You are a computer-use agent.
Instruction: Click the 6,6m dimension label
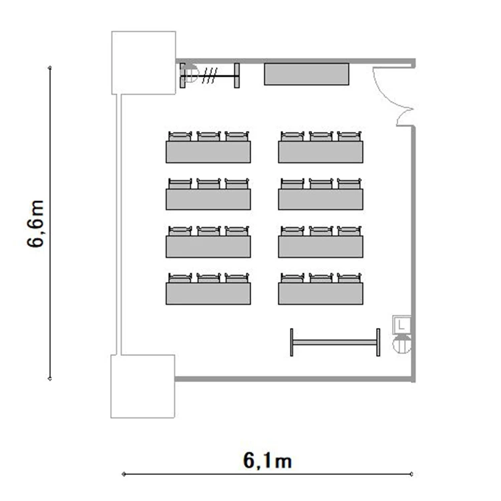(x=35, y=223)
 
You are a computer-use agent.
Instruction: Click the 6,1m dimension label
(x=267, y=461)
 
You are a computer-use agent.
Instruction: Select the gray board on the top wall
(x=307, y=74)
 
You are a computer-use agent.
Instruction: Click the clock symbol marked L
(x=401, y=325)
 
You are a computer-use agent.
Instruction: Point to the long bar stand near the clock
(x=335, y=342)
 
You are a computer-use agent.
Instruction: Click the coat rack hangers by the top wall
(x=210, y=75)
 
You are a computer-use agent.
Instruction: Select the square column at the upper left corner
(x=144, y=63)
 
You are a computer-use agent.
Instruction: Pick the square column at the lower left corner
(x=143, y=386)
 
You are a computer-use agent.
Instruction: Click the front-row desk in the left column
(x=208, y=152)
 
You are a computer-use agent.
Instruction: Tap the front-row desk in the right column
(x=321, y=152)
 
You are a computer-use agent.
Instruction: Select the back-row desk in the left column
(x=208, y=294)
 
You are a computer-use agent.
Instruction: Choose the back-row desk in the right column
(x=321, y=294)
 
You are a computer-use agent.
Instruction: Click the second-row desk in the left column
(x=208, y=199)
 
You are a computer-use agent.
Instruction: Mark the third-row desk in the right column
(x=321, y=246)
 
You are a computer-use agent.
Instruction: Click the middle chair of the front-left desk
(x=208, y=136)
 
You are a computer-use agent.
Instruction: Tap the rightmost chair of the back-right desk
(x=349, y=278)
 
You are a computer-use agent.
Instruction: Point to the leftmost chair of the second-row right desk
(x=293, y=184)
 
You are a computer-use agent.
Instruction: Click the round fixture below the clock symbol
(x=401, y=344)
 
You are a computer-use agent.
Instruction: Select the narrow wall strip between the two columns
(x=118, y=224)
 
